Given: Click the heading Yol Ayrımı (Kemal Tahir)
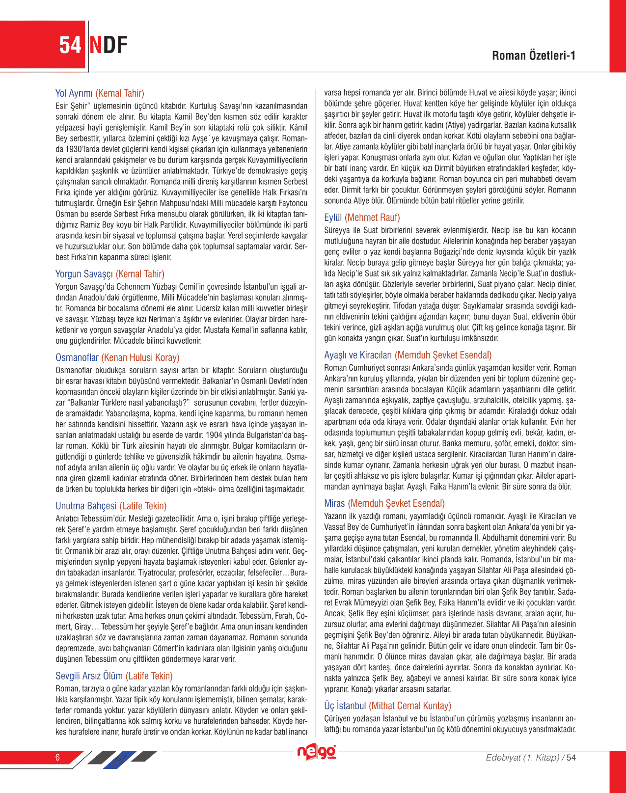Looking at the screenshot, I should pyautogui.click(x=100, y=93).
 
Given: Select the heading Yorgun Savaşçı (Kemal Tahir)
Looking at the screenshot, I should pyautogui.click(x=110, y=274).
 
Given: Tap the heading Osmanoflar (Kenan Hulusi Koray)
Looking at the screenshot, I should pyautogui.click(x=117, y=357).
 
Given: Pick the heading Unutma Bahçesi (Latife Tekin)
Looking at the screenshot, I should pyautogui.click(x=111, y=506).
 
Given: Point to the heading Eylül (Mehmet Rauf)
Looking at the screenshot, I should pyautogui.click(x=362, y=218).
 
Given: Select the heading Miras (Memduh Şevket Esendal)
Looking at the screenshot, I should pyautogui.click(x=384, y=503).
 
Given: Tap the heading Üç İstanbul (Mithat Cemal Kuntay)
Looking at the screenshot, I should pyautogui.click(x=387, y=706).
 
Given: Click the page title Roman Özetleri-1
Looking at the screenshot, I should pyautogui.click(x=534, y=55).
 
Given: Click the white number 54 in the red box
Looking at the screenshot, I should pyautogui.click(x=70, y=45).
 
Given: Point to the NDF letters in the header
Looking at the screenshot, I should pyautogui.click(x=109, y=45).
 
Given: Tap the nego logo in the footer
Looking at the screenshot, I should pyautogui.click(x=317, y=752).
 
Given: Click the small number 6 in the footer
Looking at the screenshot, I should pyautogui.click(x=57, y=757).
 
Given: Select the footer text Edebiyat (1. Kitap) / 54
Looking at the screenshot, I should pyautogui.click(x=530, y=757).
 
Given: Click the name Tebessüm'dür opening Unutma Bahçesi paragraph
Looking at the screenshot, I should pyautogui.click(x=115, y=519).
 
